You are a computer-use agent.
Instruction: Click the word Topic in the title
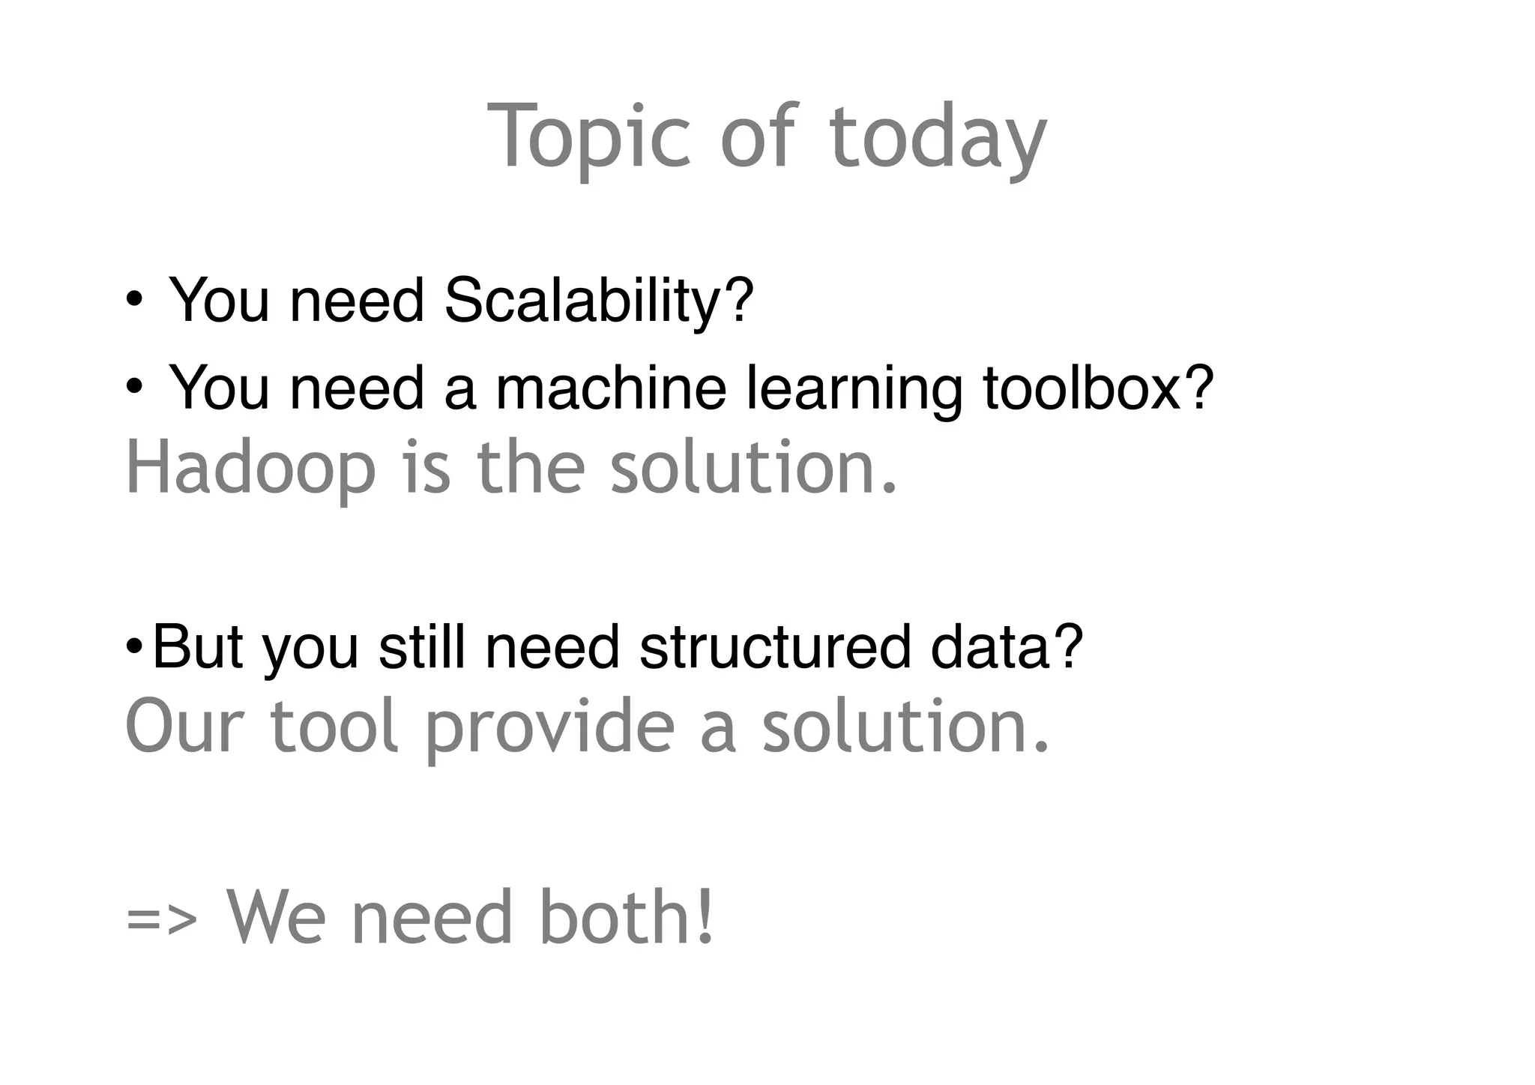588,136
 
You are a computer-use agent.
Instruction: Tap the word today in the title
938,136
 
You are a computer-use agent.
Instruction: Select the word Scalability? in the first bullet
599,300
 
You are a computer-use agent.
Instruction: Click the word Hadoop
251,469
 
